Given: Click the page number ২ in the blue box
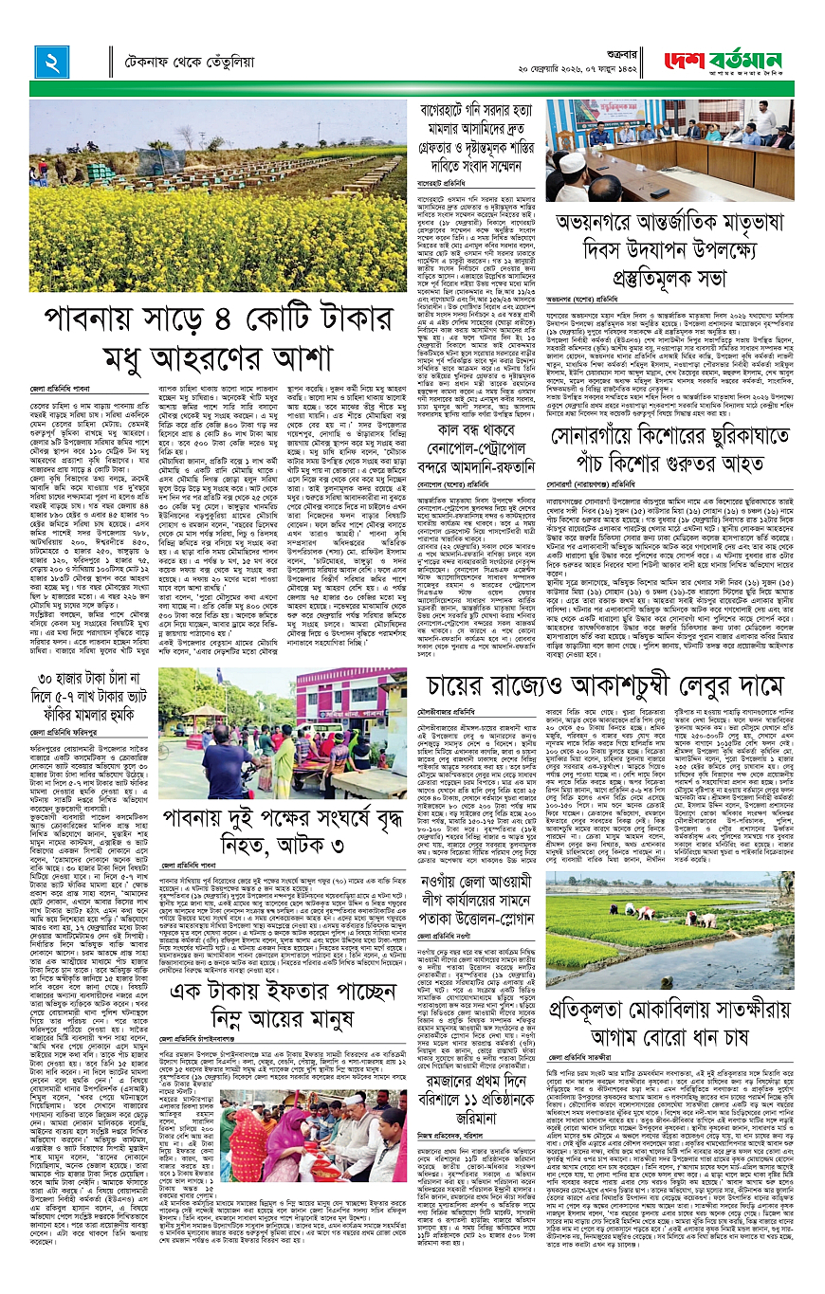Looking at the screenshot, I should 46,62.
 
